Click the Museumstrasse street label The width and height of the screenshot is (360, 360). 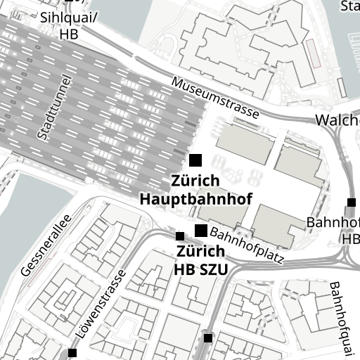215,98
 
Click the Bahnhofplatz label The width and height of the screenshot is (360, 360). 247,245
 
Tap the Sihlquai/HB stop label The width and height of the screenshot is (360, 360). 69,25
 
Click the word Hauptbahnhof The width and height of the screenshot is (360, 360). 196,199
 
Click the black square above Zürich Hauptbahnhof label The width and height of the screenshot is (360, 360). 195,160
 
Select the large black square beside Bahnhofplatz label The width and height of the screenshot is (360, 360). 201,231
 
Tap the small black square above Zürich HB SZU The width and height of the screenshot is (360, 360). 180,236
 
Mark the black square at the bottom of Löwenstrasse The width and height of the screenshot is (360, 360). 72,352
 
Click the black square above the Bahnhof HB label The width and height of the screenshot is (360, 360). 352,203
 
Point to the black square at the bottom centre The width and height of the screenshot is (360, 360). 208,338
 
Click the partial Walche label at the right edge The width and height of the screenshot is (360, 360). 337,120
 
